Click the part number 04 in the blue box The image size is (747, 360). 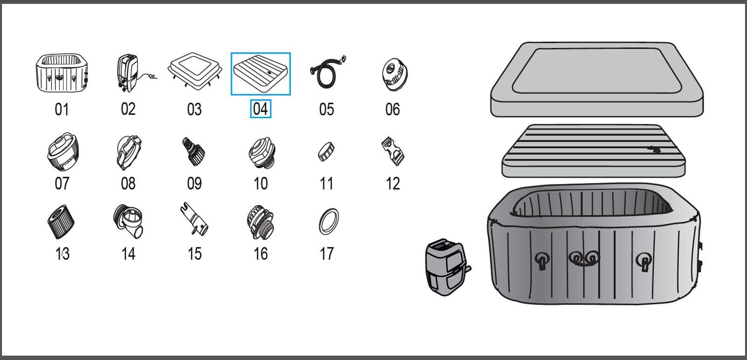pos(261,109)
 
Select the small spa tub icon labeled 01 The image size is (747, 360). pos(62,73)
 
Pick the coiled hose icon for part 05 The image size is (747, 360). pos(328,72)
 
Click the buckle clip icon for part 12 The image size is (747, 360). pos(393,151)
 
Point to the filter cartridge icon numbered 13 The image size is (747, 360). pos(61,222)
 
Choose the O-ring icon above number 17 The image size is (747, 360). pos(329,221)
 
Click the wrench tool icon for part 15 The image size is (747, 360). pos(194,219)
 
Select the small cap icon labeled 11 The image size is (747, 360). pos(326,151)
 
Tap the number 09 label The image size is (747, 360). pos(194,184)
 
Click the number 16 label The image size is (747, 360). pos(261,254)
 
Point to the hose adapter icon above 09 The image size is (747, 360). pos(193,151)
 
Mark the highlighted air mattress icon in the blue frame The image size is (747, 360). pos(261,74)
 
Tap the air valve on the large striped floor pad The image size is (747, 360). pos(654,149)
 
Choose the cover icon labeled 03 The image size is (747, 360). pos(195,71)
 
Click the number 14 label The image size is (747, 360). pos(128,254)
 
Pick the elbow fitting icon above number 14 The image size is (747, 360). pos(128,221)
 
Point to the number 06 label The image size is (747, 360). pos(393,109)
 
